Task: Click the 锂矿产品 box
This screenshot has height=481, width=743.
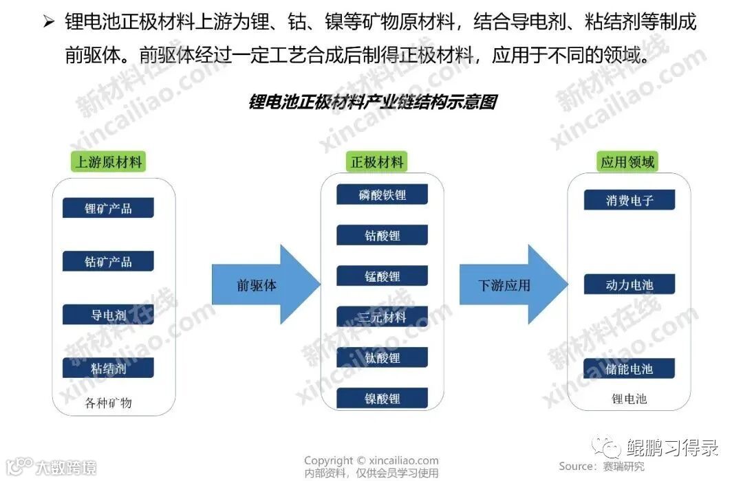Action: click(x=108, y=208)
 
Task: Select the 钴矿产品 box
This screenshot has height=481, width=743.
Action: click(x=108, y=261)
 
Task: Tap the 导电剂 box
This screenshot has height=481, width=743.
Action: click(x=108, y=315)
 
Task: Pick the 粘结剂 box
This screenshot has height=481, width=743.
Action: click(x=108, y=368)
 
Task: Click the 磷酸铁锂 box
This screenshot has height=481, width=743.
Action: click(x=382, y=194)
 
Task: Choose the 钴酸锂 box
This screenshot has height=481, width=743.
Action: click(x=382, y=235)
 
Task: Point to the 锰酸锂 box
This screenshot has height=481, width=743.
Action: click(x=382, y=276)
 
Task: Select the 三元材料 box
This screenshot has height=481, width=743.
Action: click(x=382, y=317)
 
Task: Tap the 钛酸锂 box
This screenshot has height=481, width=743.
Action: click(x=382, y=357)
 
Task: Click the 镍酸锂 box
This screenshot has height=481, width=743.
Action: click(x=382, y=398)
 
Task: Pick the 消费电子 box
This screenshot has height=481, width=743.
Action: click(x=629, y=200)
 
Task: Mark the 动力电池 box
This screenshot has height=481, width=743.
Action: click(x=629, y=284)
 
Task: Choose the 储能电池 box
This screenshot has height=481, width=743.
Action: click(x=629, y=368)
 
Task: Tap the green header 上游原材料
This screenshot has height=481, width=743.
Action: click(x=109, y=162)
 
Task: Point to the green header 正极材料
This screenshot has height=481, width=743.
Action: click(x=378, y=162)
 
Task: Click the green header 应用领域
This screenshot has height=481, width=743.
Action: click(x=627, y=162)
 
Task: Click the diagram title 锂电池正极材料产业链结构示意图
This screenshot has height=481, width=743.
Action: click(x=371, y=103)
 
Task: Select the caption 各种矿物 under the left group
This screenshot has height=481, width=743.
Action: click(x=108, y=403)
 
